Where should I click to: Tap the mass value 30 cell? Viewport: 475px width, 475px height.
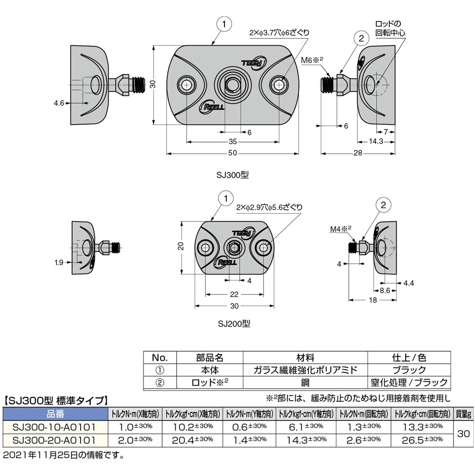463,434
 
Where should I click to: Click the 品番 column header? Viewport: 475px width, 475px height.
55,414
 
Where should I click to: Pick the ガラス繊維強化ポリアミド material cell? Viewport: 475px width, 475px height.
305,370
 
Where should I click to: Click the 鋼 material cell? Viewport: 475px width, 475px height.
305,383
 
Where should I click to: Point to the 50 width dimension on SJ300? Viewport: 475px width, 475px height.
232,153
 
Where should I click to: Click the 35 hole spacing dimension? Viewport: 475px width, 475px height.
232,142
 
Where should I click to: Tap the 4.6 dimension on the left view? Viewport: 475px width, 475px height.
59,103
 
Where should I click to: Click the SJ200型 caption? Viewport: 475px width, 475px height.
234,324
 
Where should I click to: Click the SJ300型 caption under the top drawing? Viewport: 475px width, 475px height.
232,175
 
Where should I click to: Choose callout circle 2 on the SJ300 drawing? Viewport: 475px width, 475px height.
361,38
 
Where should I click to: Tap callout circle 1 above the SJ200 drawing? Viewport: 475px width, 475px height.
226,199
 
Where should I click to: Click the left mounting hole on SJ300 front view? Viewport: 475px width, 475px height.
187,85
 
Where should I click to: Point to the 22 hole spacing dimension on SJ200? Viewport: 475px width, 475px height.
234,294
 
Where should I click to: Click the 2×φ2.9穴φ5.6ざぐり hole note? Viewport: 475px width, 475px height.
269,207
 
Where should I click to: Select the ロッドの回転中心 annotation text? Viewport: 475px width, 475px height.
390,29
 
